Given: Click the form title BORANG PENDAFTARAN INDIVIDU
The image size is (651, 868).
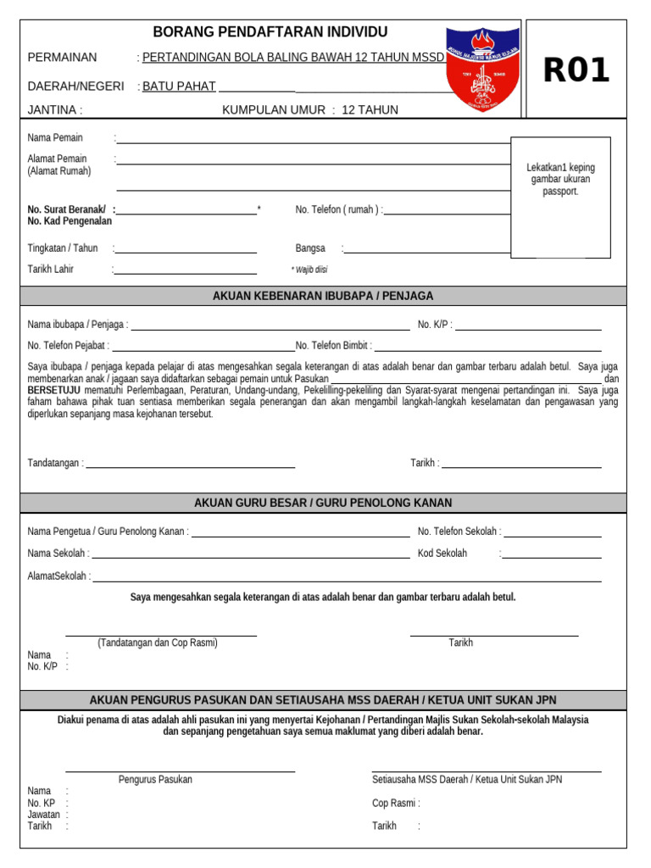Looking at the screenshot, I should tap(270, 32).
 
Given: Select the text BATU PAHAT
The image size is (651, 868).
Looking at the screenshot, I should tap(179, 86).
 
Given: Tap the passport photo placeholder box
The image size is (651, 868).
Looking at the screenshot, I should tap(559, 197).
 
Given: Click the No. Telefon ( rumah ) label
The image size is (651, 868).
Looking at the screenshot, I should tap(338, 210).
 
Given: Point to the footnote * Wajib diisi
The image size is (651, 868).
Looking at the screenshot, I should tap(309, 270).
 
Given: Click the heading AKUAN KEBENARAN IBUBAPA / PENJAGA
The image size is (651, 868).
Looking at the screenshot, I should tap(323, 296).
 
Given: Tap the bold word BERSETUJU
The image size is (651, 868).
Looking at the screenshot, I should tap(58, 391).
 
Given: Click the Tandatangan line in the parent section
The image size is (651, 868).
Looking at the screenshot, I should tap(190, 467).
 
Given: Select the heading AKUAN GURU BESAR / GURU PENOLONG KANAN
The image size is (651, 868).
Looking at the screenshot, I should tap(323, 503).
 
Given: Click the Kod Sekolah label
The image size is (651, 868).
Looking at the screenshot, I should tap(442, 554).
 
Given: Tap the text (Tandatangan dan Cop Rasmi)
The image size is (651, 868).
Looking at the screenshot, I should tap(158, 643).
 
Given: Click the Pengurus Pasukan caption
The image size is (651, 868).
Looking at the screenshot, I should tap(155, 780).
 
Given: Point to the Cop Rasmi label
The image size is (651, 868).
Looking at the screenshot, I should tap(395, 804).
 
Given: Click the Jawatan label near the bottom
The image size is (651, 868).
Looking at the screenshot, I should tap(44, 815).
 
